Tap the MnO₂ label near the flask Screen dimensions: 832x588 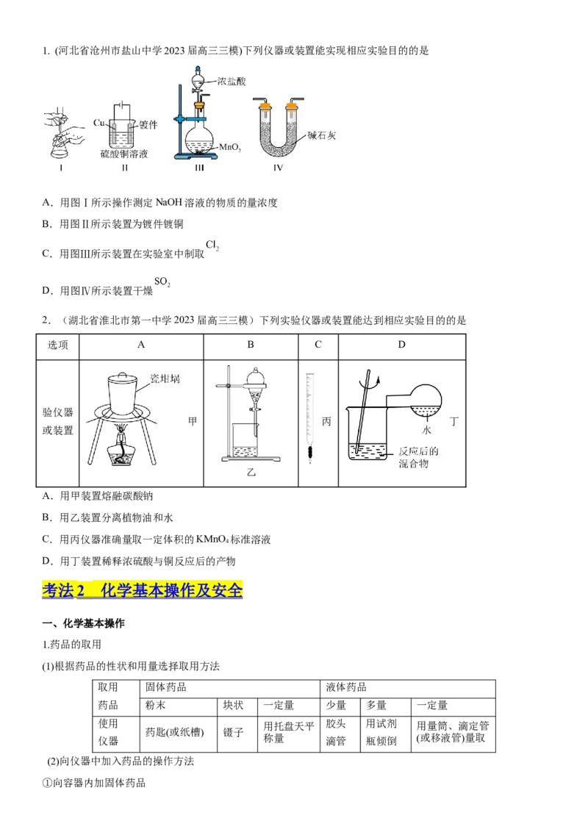point(230,148)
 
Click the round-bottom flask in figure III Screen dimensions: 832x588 point(199,138)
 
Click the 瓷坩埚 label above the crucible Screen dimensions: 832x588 point(165,379)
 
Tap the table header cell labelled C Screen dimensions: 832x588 point(318,344)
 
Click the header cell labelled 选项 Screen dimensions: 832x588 point(58,345)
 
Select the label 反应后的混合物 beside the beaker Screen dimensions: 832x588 point(417,457)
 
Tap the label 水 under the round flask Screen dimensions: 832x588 point(426,428)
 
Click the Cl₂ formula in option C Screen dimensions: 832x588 point(212,246)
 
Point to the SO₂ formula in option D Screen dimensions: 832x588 point(162,282)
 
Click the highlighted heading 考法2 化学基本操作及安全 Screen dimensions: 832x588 point(143,590)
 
